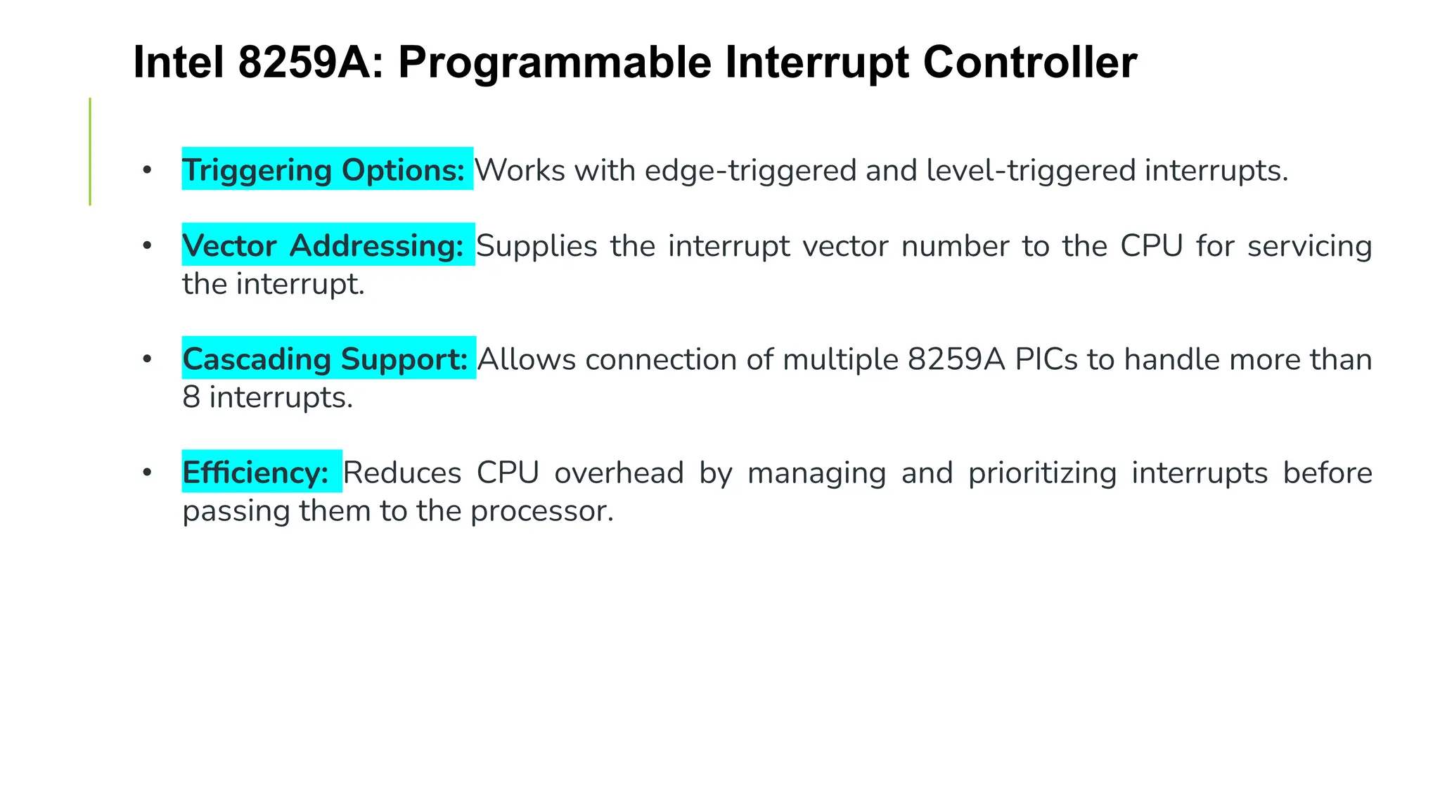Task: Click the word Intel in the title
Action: [x=178, y=62]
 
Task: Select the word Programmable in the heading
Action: [x=555, y=62]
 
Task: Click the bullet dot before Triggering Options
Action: [x=147, y=170]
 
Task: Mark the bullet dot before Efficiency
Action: [x=147, y=472]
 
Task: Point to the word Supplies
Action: [x=536, y=246]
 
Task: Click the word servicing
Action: [x=1309, y=246]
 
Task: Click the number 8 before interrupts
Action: [x=191, y=397]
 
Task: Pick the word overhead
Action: [x=619, y=472]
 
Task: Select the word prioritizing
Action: [x=1042, y=472]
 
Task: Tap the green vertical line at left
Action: [x=90, y=151]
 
